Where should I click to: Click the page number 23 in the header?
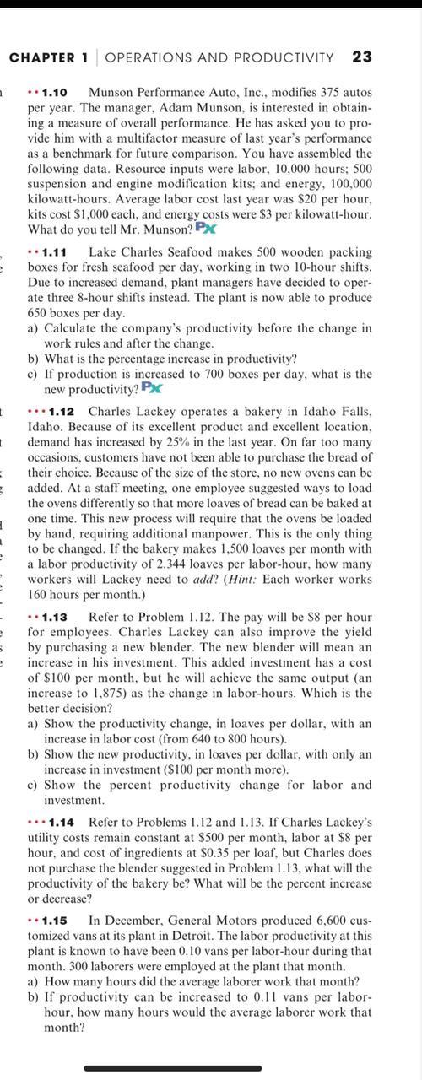(363, 57)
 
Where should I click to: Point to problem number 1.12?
(64, 411)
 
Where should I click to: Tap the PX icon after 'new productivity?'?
(152, 387)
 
